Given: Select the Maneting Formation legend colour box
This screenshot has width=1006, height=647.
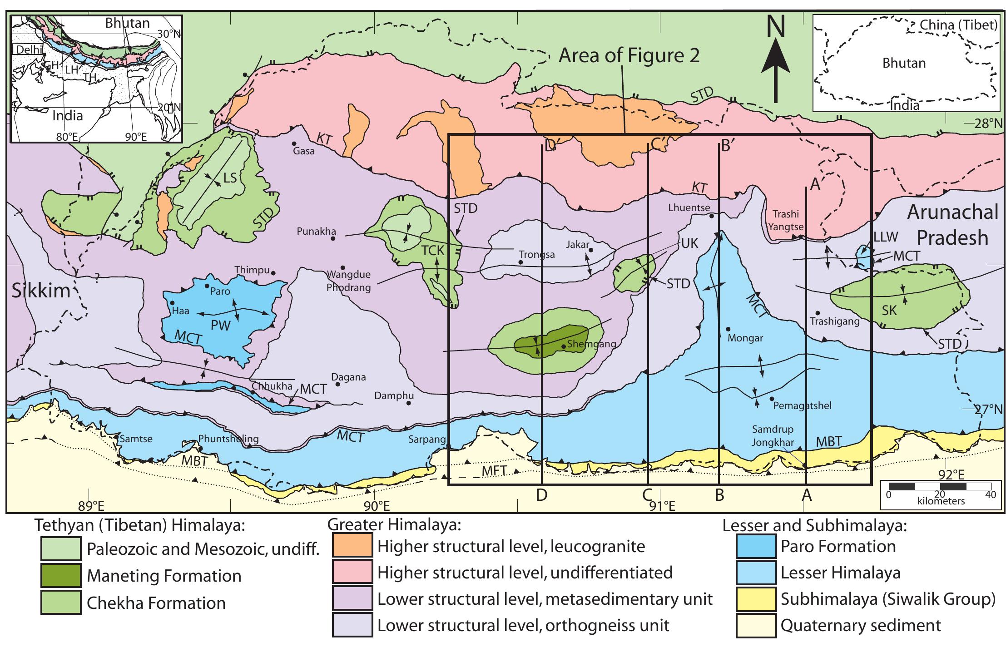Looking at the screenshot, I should coord(60,576).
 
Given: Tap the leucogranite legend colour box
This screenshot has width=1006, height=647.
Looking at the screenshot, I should coord(352,546).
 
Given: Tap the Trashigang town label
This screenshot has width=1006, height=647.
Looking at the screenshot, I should coord(835,321).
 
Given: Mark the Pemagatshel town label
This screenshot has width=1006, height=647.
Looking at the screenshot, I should coord(801,405).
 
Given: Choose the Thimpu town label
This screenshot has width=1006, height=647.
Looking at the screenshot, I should coord(252,271).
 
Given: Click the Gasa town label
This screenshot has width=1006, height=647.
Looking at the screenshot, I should coord(304,151).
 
